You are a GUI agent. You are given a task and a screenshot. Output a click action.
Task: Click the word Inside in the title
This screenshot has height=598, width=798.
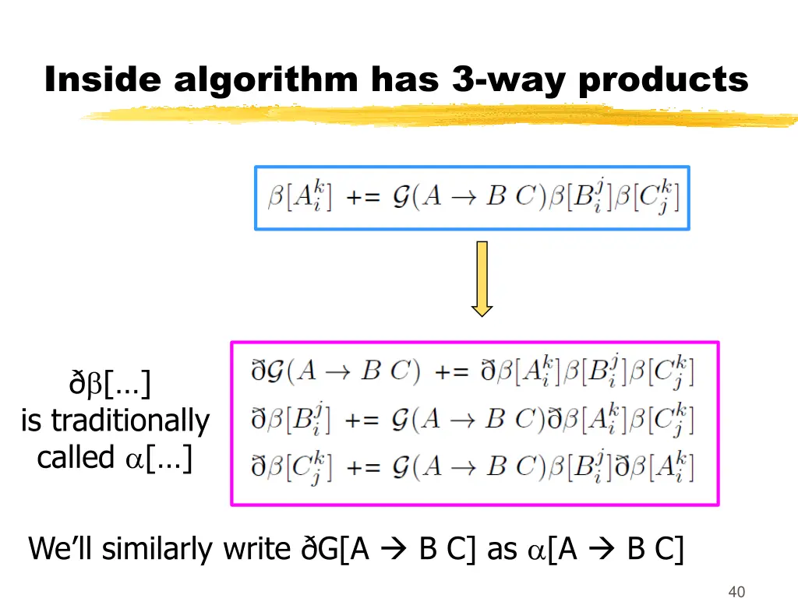point(104,79)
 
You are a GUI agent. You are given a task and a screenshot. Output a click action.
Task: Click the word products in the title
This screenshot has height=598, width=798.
point(663,79)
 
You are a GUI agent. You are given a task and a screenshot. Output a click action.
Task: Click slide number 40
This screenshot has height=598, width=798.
point(736,592)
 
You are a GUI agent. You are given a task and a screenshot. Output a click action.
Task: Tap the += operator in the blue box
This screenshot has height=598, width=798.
point(362,198)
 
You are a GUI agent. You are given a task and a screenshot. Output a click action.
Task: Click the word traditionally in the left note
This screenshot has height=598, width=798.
point(130,421)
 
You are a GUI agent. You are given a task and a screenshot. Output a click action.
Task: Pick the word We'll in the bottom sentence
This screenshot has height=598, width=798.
point(61,550)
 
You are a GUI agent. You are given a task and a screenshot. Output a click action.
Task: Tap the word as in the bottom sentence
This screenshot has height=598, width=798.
point(502,550)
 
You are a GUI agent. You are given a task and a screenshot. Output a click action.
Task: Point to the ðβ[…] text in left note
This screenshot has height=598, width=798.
point(110,384)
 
